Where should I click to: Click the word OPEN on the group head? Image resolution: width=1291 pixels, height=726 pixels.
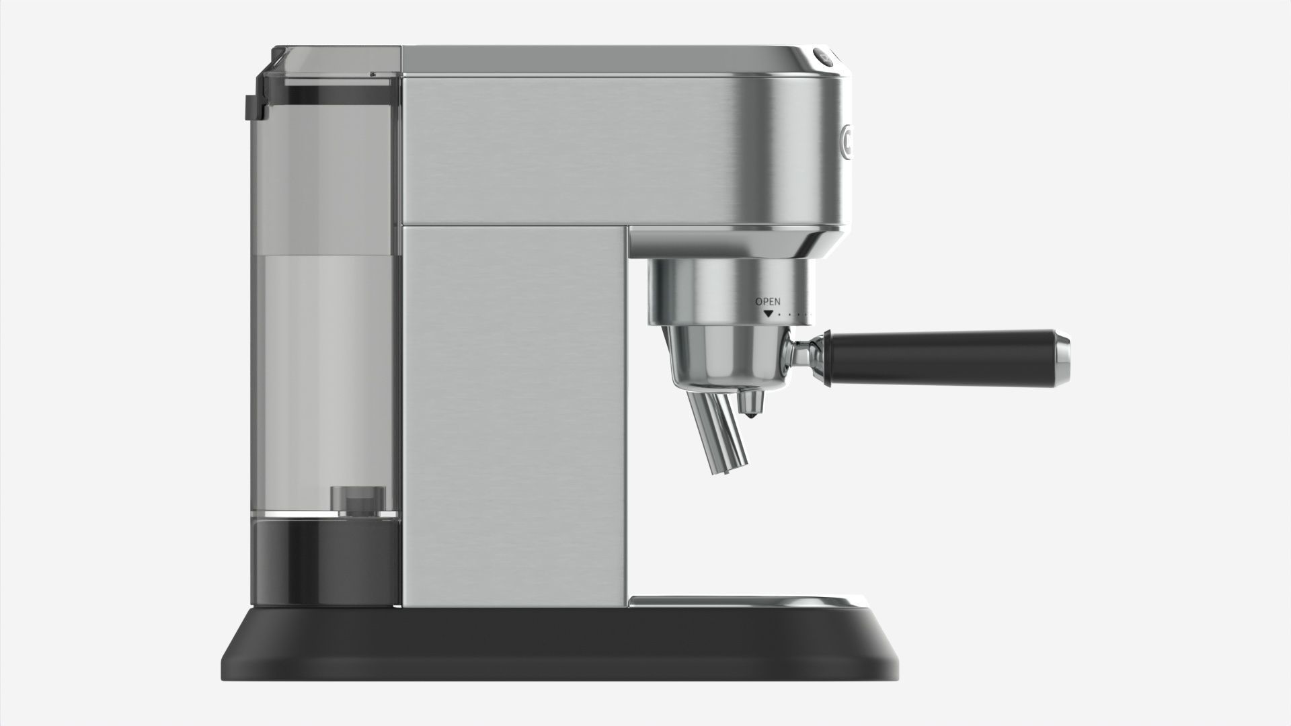tap(768, 302)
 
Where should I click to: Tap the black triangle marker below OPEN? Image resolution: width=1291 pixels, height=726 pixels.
tap(768, 313)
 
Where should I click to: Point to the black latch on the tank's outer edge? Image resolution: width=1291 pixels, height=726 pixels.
tap(253, 108)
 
